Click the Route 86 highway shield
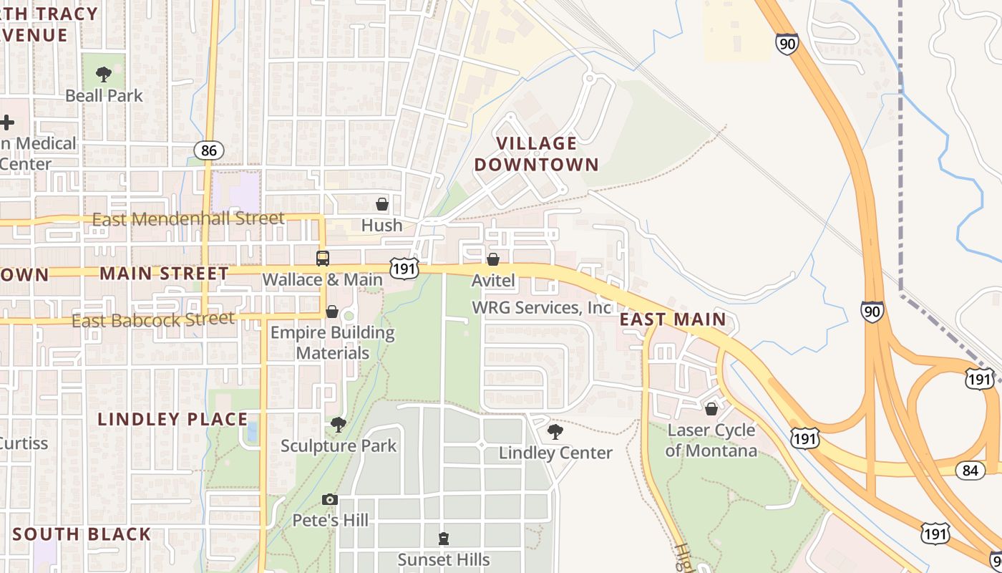(x=208, y=150)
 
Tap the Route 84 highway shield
(x=970, y=470)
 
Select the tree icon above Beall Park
(x=104, y=74)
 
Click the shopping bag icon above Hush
(x=382, y=204)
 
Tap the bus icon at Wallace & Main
(x=323, y=259)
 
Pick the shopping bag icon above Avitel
(x=493, y=259)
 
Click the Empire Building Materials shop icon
(x=332, y=312)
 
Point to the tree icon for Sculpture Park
(x=338, y=425)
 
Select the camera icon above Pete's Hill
(x=329, y=499)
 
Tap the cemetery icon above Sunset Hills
(x=444, y=538)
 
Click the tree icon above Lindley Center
(x=555, y=431)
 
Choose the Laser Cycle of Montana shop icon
(x=711, y=409)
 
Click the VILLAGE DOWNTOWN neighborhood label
(x=536, y=154)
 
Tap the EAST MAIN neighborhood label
(x=673, y=319)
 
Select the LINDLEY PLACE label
(x=172, y=419)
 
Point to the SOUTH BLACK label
(x=82, y=534)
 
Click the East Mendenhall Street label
(x=188, y=218)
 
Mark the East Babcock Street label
(x=153, y=319)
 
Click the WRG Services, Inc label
(x=542, y=307)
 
